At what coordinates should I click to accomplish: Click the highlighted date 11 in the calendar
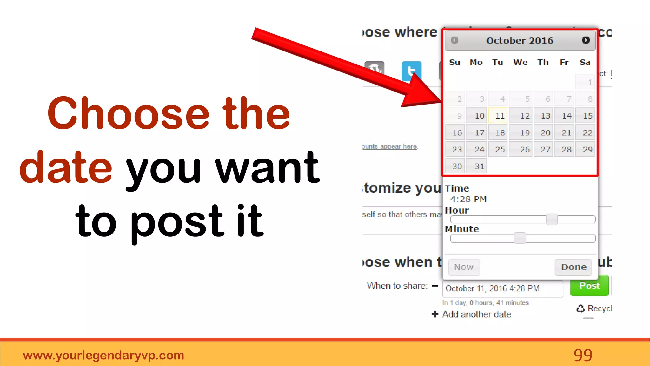pyautogui.click(x=499, y=116)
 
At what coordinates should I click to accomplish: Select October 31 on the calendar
pyautogui.click(x=476, y=166)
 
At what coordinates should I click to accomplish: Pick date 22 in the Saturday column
pyautogui.click(x=586, y=132)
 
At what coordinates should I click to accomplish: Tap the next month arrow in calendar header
pyautogui.click(x=586, y=40)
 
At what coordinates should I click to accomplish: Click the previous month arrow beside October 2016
pyautogui.click(x=454, y=40)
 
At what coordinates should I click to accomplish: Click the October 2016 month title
pyautogui.click(x=520, y=41)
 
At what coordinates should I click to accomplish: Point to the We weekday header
pyautogui.click(x=521, y=62)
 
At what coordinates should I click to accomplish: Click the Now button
pyautogui.click(x=464, y=267)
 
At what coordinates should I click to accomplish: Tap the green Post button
pyautogui.click(x=589, y=286)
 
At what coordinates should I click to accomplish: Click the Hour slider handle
pyautogui.click(x=552, y=219)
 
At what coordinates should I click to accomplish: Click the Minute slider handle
pyautogui.click(x=520, y=238)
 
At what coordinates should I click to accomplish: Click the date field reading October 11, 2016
pyautogui.click(x=502, y=288)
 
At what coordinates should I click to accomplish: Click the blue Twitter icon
pyautogui.click(x=411, y=71)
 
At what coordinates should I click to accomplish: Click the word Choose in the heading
pyautogui.click(x=128, y=113)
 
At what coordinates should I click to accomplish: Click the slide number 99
pyautogui.click(x=583, y=355)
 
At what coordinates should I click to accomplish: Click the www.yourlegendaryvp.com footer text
pyautogui.click(x=103, y=355)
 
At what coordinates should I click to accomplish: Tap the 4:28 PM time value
pyautogui.click(x=468, y=199)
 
